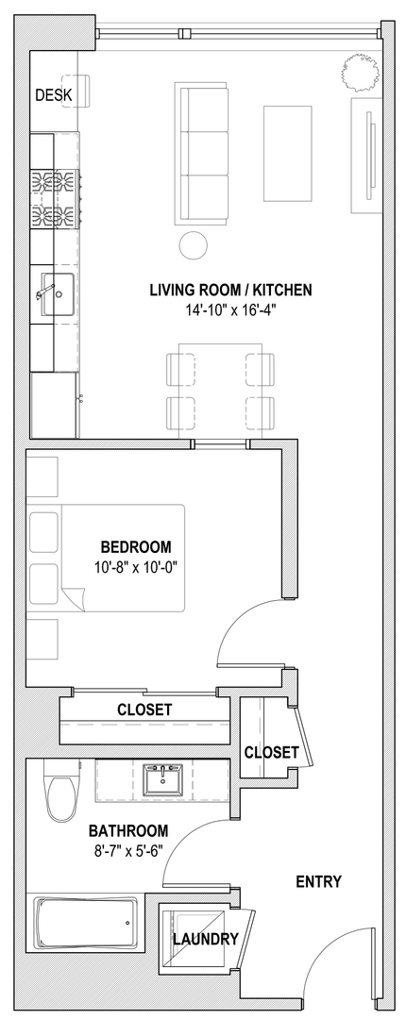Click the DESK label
[x=54, y=95]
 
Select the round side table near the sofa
[x=194, y=245]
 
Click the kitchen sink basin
[x=58, y=294]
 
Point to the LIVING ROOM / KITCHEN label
[x=231, y=290]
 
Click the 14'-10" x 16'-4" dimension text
[x=231, y=309]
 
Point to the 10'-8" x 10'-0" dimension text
[x=136, y=567]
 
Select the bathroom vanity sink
[x=164, y=778]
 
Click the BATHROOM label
[x=128, y=830]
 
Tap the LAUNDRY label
[x=206, y=939]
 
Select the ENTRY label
[x=319, y=882]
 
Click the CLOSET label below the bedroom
[x=144, y=710]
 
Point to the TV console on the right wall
[x=365, y=155]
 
